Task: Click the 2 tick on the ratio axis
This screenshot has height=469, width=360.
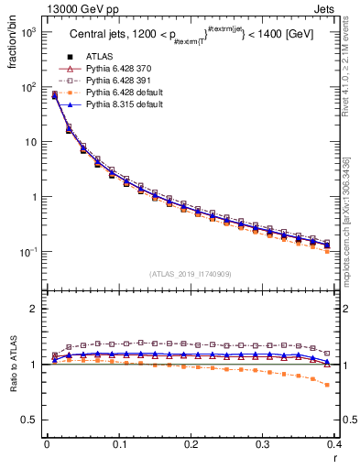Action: [x=31, y=309]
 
